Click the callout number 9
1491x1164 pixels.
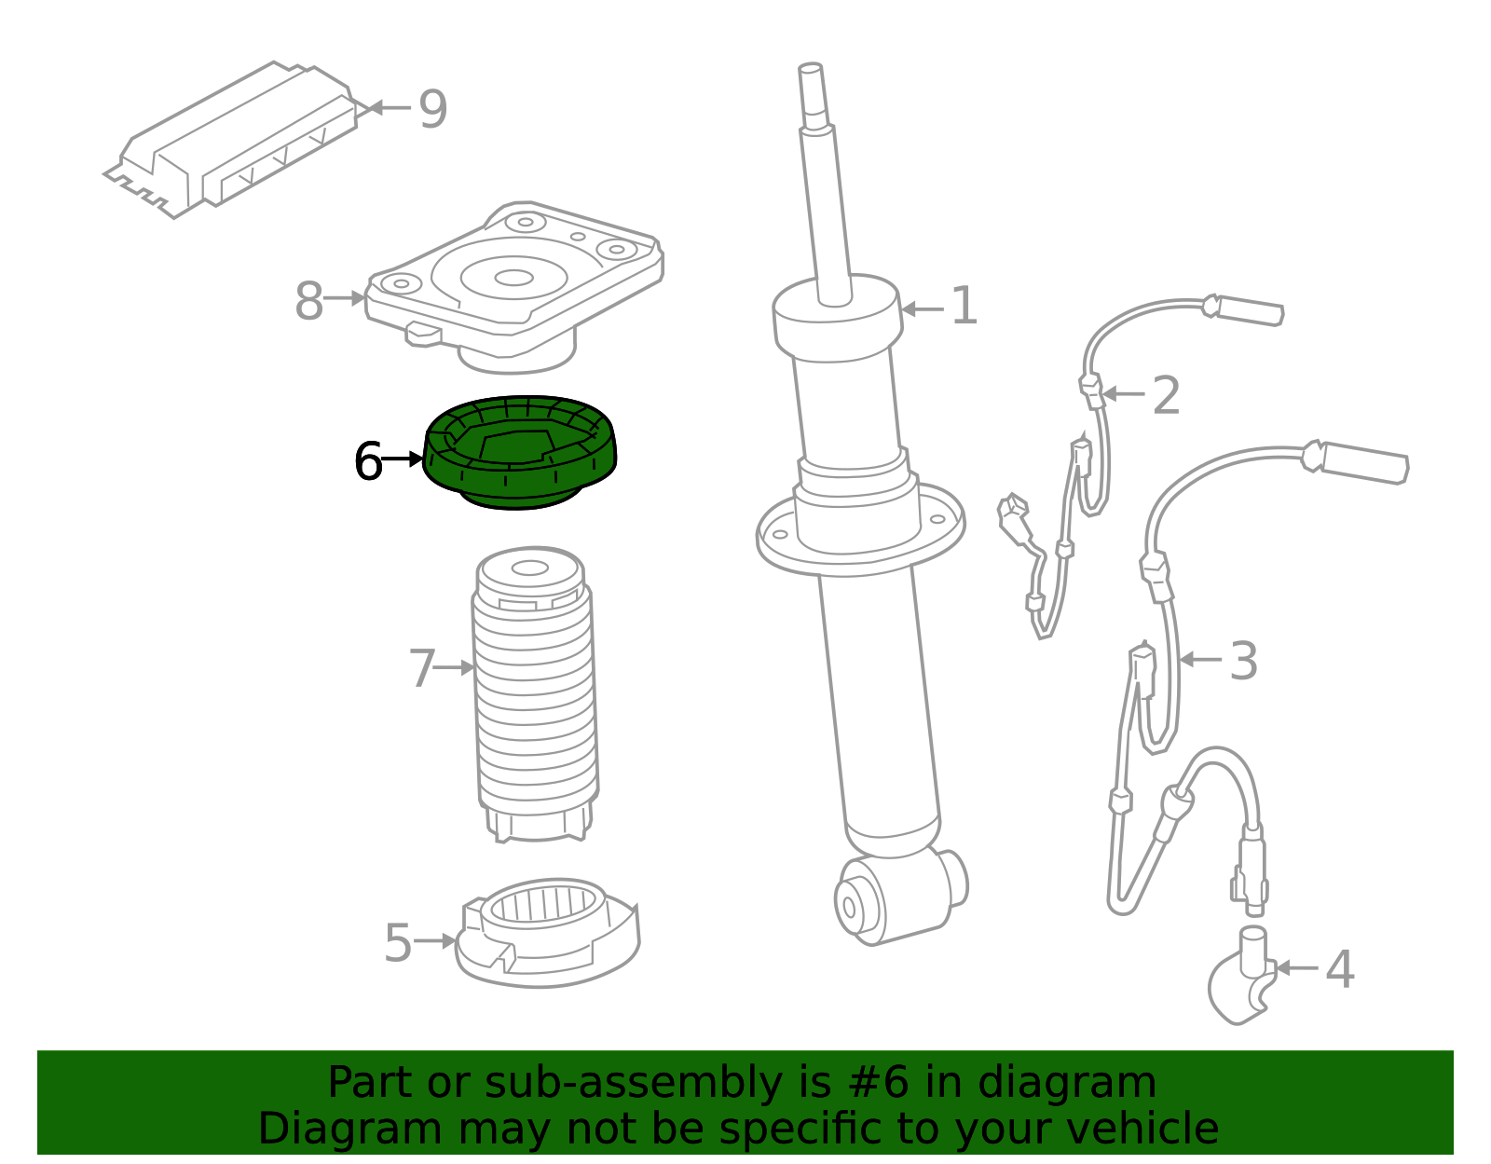(432, 109)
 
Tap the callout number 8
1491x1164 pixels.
(308, 302)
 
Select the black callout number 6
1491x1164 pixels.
(368, 461)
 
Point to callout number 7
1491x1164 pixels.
(422, 668)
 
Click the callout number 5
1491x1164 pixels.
(398, 943)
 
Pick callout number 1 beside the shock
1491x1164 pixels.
(964, 307)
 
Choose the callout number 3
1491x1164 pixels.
(1243, 661)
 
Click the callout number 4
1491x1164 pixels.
(1339, 969)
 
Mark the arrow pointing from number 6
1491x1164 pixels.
(403, 459)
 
